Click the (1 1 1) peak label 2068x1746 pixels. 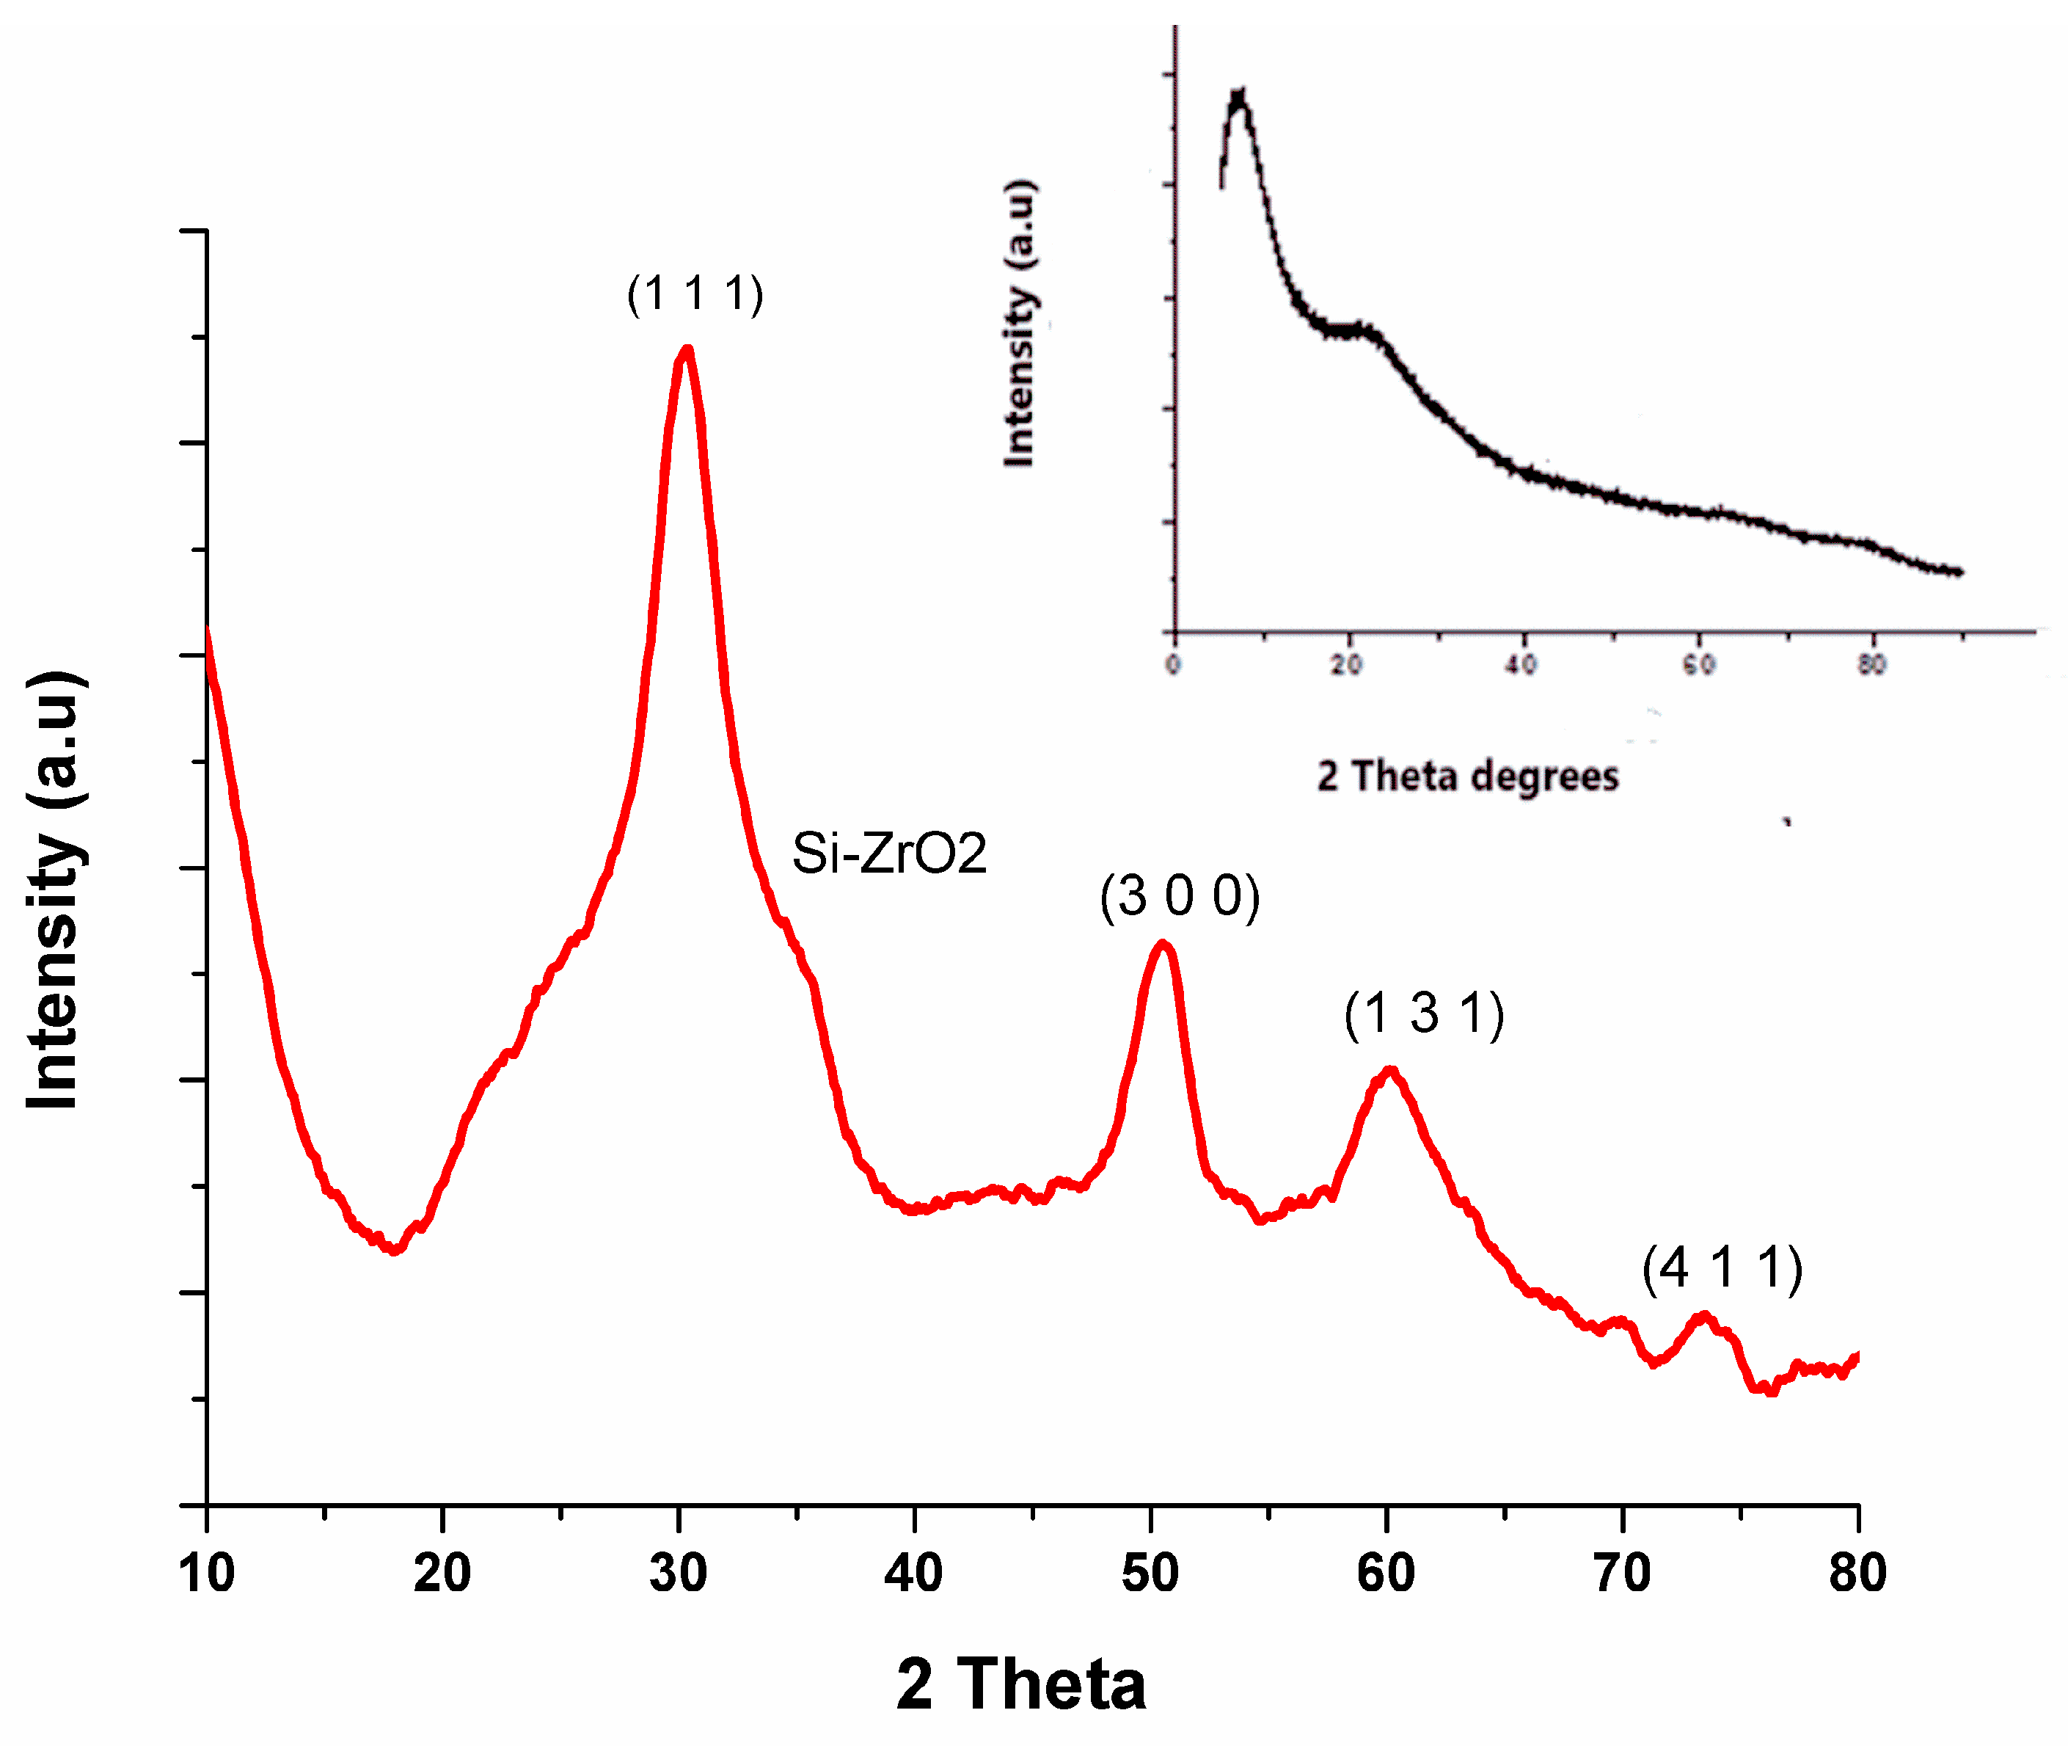[x=695, y=294]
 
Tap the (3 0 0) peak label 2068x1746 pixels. [x=1180, y=897]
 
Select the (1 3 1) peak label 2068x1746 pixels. [x=1424, y=1014]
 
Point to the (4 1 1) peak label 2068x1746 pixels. [x=1722, y=1268]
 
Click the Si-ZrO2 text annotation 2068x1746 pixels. [x=888, y=854]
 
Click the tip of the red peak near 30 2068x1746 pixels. [x=687, y=349]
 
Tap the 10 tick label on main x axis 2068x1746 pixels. [x=207, y=1573]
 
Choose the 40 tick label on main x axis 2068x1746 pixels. [x=913, y=1573]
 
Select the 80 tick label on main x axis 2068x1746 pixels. [x=1857, y=1573]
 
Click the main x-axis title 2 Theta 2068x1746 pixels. [x=1021, y=1684]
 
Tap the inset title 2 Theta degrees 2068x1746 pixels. [x=1467, y=776]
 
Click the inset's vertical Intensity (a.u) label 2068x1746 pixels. [x=1019, y=323]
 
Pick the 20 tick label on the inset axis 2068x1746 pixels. [x=1347, y=664]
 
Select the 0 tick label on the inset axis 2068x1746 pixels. [x=1174, y=664]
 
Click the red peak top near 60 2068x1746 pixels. [x=1390, y=1070]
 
